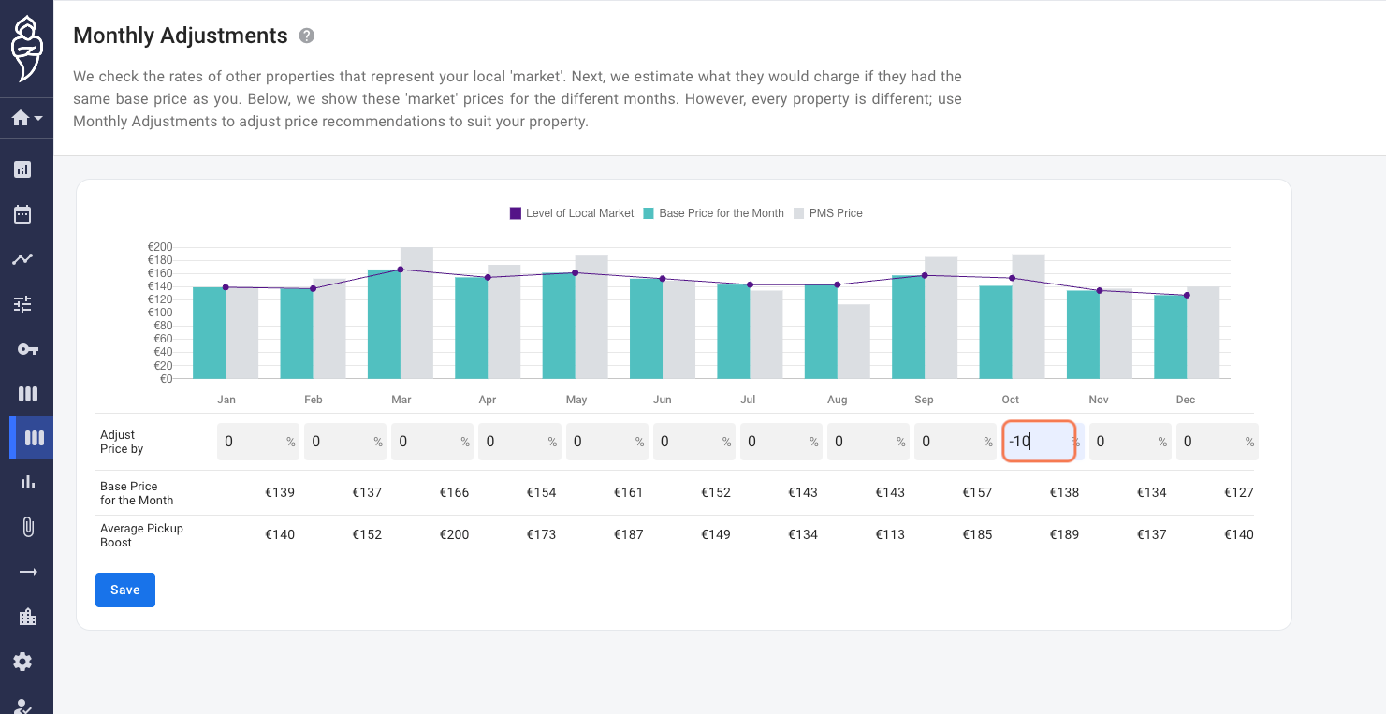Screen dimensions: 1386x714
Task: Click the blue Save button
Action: coord(125,590)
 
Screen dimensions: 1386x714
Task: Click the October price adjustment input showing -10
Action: coord(1039,441)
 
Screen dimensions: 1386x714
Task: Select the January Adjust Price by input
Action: coord(258,441)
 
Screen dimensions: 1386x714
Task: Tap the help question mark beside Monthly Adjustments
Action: coord(306,36)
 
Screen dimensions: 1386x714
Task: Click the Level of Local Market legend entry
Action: coord(572,212)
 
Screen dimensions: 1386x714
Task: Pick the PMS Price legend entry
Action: coord(828,212)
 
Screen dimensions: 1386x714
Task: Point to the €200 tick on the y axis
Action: coord(160,247)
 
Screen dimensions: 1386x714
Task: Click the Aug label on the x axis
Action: coord(838,400)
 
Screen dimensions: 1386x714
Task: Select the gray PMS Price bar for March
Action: coord(416,313)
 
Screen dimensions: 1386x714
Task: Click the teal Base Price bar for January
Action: coord(209,333)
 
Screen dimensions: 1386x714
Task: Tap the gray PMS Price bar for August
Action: coord(853,342)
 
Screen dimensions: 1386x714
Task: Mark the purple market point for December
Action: coord(1187,295)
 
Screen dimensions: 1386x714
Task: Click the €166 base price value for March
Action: coord(454,492)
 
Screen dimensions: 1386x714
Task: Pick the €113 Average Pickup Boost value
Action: coord(890,534)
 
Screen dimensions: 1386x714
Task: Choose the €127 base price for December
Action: coord(1239,492)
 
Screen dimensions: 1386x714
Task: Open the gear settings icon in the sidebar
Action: coord(22,662)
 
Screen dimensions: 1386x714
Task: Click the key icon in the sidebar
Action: coord(28,350)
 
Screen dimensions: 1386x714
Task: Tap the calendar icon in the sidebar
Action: coord(22,214)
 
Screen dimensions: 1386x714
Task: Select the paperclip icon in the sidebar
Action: coord(28,527)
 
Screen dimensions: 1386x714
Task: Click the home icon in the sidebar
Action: coord(21,118)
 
